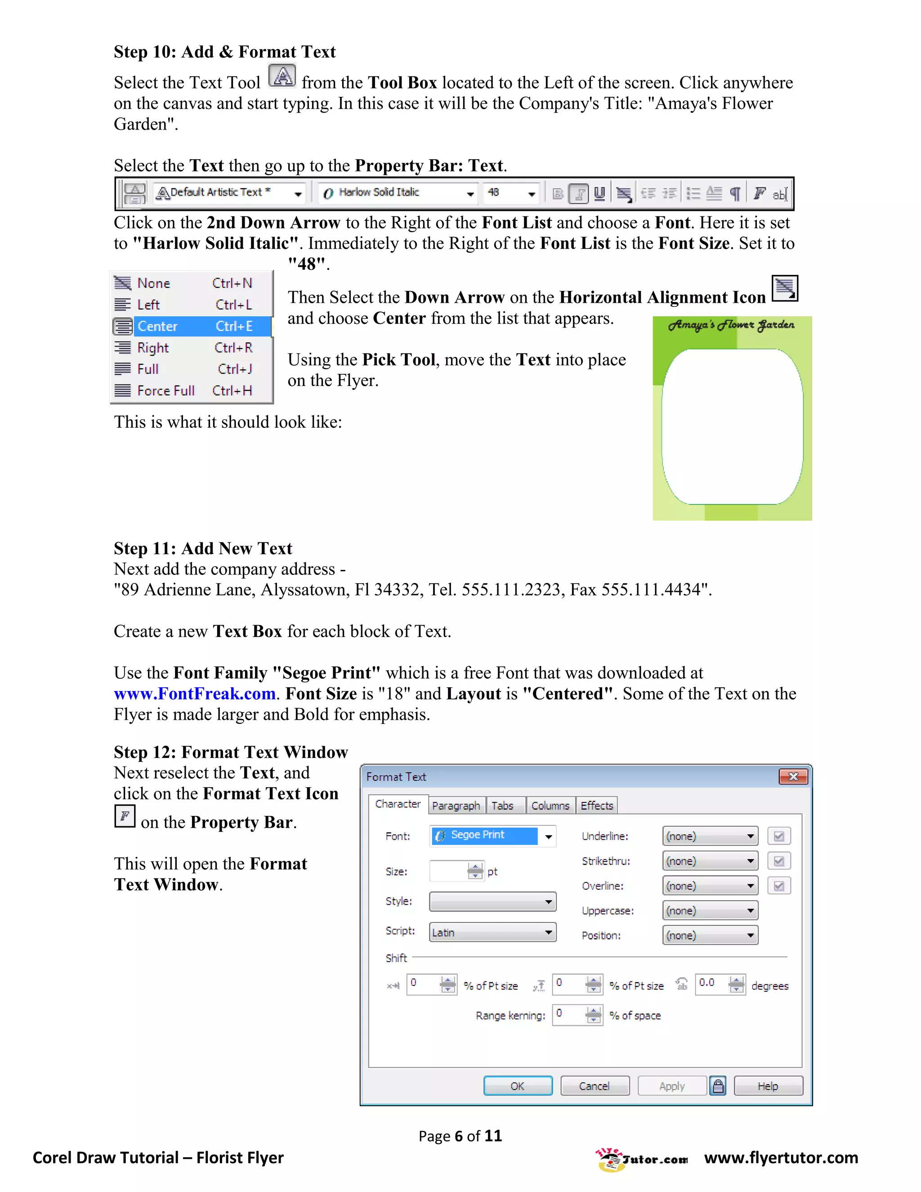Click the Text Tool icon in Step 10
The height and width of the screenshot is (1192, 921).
(x=282, y=76)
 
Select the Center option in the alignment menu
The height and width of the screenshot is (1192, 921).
(x=192, y=327)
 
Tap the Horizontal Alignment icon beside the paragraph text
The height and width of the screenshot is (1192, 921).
(x=785, y=288)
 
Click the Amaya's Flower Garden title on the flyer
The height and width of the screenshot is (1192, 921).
(x=731, y=325)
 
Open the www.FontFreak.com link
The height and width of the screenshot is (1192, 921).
(x=194, y=694)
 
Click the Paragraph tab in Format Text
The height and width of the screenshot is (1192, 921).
(x=456, y=806)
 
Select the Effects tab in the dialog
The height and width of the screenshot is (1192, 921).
(x=596, y=806)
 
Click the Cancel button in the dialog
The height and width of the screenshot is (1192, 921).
(x=594, y=1086)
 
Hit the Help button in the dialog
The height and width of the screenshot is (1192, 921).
(x=768, y=1086)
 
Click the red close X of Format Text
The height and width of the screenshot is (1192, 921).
(x=793, y=777)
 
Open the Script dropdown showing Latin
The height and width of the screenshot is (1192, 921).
(x=492, y=932)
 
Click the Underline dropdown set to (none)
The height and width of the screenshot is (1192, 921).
(x=710, y=836)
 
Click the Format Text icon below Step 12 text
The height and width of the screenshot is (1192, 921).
(x=125, y=816)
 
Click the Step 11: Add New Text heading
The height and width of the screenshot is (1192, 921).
(x=203, y=548)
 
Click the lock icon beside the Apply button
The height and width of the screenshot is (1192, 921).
(x=718, y=1086)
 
